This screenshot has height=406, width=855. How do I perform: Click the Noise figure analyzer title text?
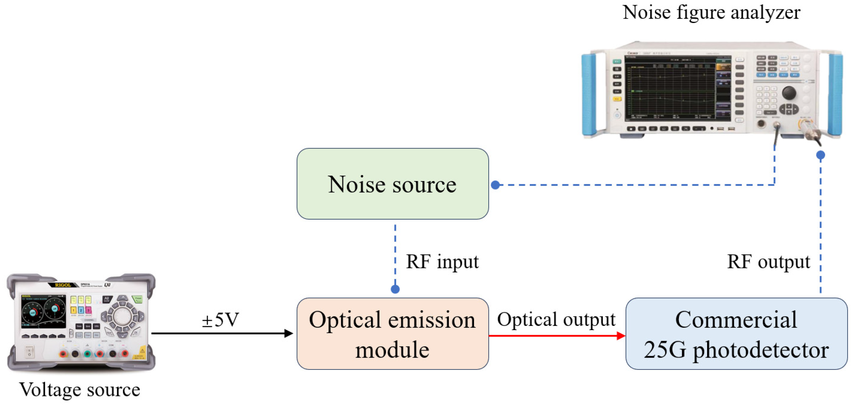pos(711,13)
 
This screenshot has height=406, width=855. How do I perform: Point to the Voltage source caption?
pos(80,389)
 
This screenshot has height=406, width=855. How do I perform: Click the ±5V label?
pos(220,320)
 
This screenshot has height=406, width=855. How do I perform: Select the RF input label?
pos(442,262)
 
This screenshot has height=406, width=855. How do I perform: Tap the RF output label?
pos(768,262)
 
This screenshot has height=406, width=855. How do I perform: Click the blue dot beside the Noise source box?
pos(495,185)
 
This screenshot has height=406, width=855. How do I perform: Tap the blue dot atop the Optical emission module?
pos(395,289)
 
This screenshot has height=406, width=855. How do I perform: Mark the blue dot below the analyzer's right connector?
pos(821,155)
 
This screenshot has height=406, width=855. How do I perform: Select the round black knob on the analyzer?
pos(789,93)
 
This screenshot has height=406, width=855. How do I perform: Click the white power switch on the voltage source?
pos(30,352)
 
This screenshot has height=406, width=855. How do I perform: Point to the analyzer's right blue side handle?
pos(835,95)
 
